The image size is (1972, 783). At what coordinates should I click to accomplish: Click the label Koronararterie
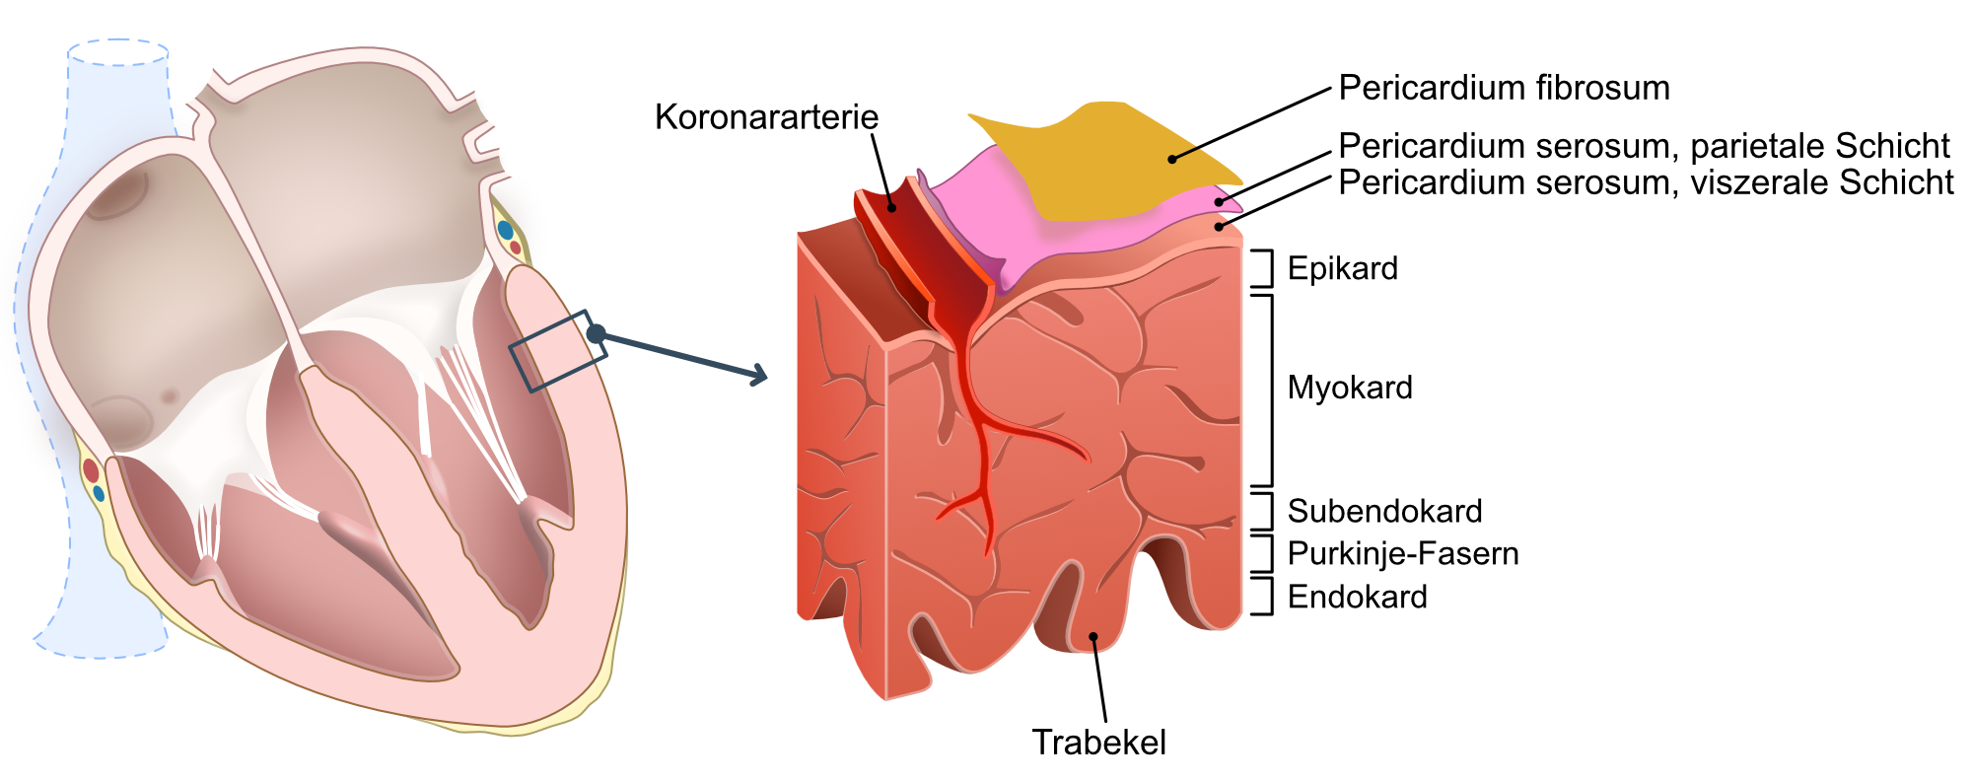[766, 117]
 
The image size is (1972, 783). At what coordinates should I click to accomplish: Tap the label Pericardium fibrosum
[1504, 88]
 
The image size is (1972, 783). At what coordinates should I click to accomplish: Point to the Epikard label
[1343, 268]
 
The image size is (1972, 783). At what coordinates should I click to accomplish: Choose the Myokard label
[1350, 388]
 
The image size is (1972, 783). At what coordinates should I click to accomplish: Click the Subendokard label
[1384, 511]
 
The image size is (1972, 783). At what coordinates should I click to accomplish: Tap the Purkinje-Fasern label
[1403, 553]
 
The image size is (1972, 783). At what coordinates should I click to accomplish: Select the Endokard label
[1357, 597]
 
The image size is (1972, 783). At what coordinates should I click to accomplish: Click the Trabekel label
[1098, 743]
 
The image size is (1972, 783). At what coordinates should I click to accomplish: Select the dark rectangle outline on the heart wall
[558, 351]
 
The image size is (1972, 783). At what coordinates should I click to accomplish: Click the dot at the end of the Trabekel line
[1093, 636]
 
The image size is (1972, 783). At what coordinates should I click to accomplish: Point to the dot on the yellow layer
[1172, 159]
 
